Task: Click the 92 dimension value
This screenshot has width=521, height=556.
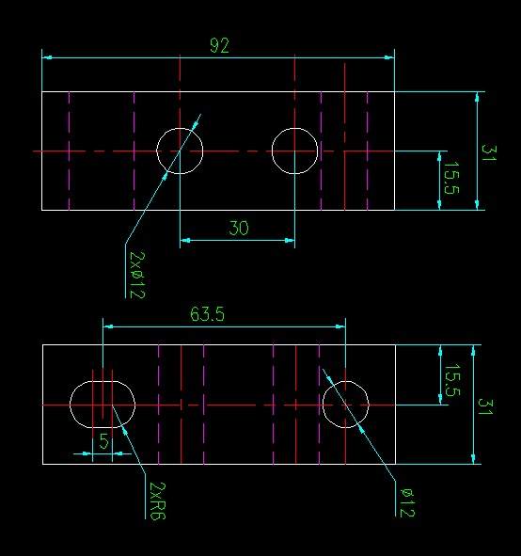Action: tap(219, 46)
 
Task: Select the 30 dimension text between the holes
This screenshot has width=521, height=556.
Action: tap(239, 228)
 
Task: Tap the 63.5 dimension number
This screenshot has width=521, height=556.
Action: tap(207, 314)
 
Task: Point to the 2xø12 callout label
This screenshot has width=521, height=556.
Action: tap(137, 275)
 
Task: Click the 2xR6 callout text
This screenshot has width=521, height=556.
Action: tap(158, 500)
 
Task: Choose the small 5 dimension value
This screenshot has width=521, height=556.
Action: tap(103, 441)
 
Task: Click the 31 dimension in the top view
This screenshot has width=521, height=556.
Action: tap(489, 153)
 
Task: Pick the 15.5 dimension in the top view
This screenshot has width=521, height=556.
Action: tap(451, 178)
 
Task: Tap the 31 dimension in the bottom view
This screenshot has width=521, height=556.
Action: tap(485, 406)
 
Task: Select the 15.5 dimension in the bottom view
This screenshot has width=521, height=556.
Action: tap(452, 380)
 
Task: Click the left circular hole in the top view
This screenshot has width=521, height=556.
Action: tap(157, 151)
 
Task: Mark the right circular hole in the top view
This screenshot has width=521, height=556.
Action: tap(272, 151)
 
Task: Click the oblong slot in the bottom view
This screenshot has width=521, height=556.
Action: tap(70, 405)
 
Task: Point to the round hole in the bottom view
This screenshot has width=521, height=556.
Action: tap(323, 405)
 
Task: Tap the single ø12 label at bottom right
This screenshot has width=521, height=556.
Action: tap(407, 502)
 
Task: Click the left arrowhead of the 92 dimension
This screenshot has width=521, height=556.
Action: tap(47, 57)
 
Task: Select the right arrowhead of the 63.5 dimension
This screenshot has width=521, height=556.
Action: tap(340, 326)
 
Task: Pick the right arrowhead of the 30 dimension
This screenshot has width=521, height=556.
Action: tap(290, 241)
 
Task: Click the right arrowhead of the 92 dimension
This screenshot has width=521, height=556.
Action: tap(389, 57)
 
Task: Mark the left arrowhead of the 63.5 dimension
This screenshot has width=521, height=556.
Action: tap(108, 326)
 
